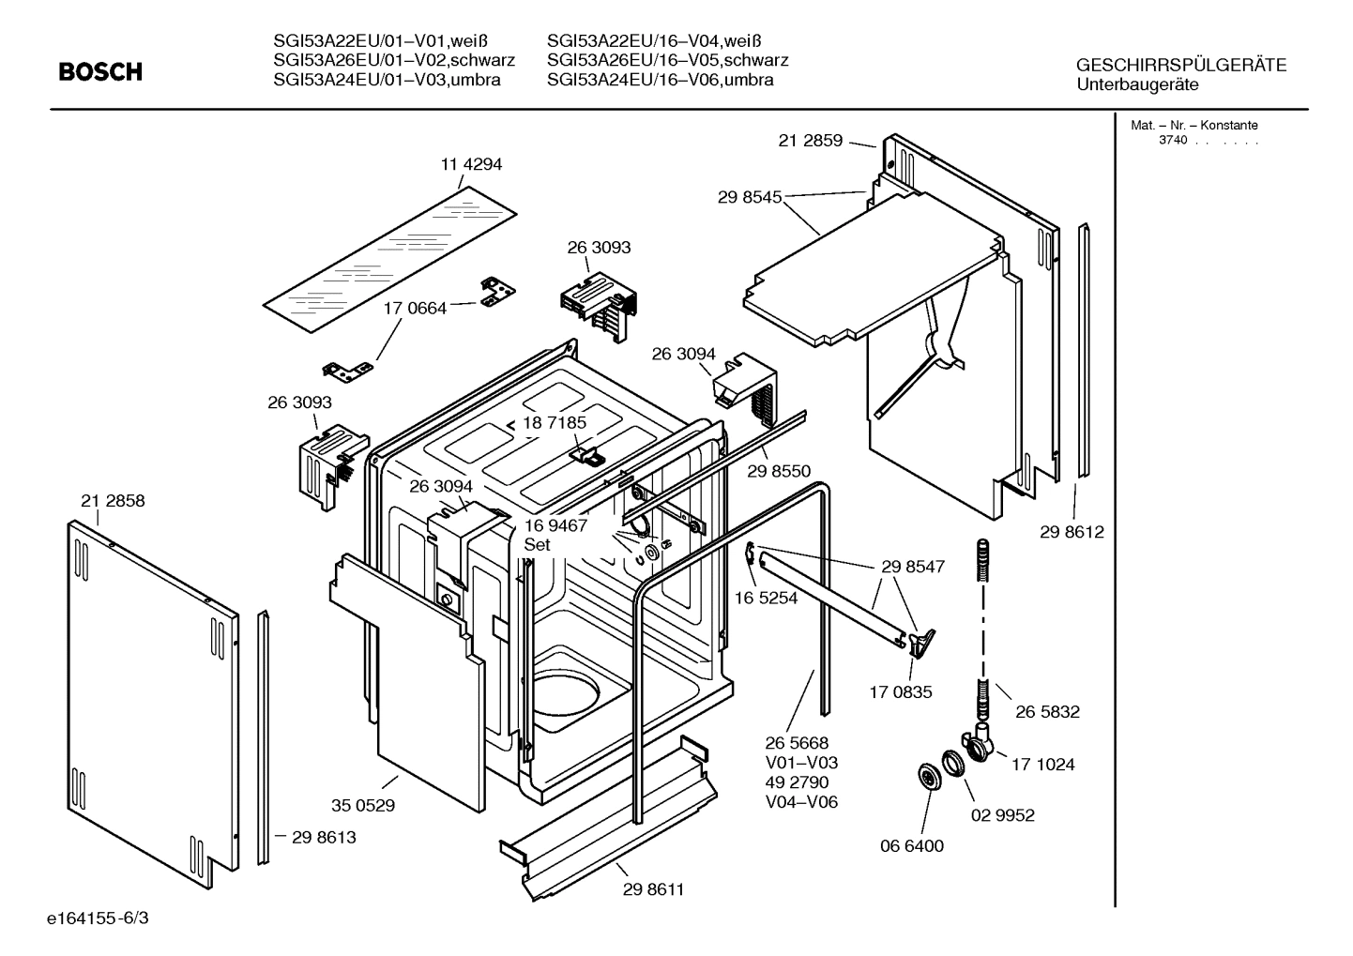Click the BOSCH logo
[x=100, y=71]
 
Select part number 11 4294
[x=471, y=164]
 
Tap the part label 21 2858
[x=113, y=501]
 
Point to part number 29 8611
[x=653, y=888]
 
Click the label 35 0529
[x=363, y=805]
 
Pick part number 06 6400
[x=911, y=845]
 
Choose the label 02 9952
[x=1002, y=815]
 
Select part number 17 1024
[x=1042, y=764]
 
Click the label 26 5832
[x=1047, y=711]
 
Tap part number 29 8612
[x=1072, y=532]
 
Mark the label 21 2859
[x=811, y=141]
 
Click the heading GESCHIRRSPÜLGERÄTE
[x=1180, y=66]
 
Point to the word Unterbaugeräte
[x=1137, y=84]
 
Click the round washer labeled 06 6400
[x=929, y=776]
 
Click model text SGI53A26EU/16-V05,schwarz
[x=667, y=60]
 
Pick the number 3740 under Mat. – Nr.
[x=1172, y=140]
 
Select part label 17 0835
[x=901, y=692]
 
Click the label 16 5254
[x=766, y=598]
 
